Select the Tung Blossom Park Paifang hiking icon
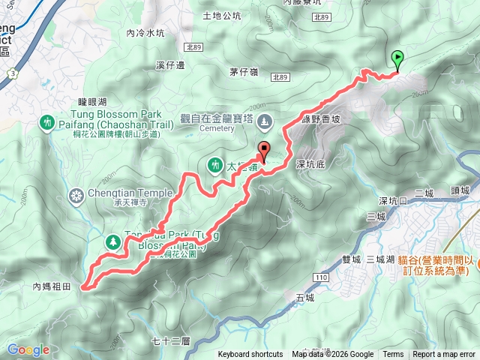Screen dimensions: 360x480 [49, 122]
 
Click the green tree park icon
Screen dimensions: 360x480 [113, 241]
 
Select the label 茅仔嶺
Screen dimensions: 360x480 [244, 72]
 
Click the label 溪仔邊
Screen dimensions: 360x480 [171, 65]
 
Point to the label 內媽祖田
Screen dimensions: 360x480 [51, 286]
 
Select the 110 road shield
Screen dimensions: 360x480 [322, 277]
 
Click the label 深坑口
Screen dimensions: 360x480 [393, 201]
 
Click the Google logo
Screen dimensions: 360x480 [28, 349]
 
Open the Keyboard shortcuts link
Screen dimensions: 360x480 [250, 355]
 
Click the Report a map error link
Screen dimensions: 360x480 [445, 355]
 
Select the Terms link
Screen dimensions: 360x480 [393, 355]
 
